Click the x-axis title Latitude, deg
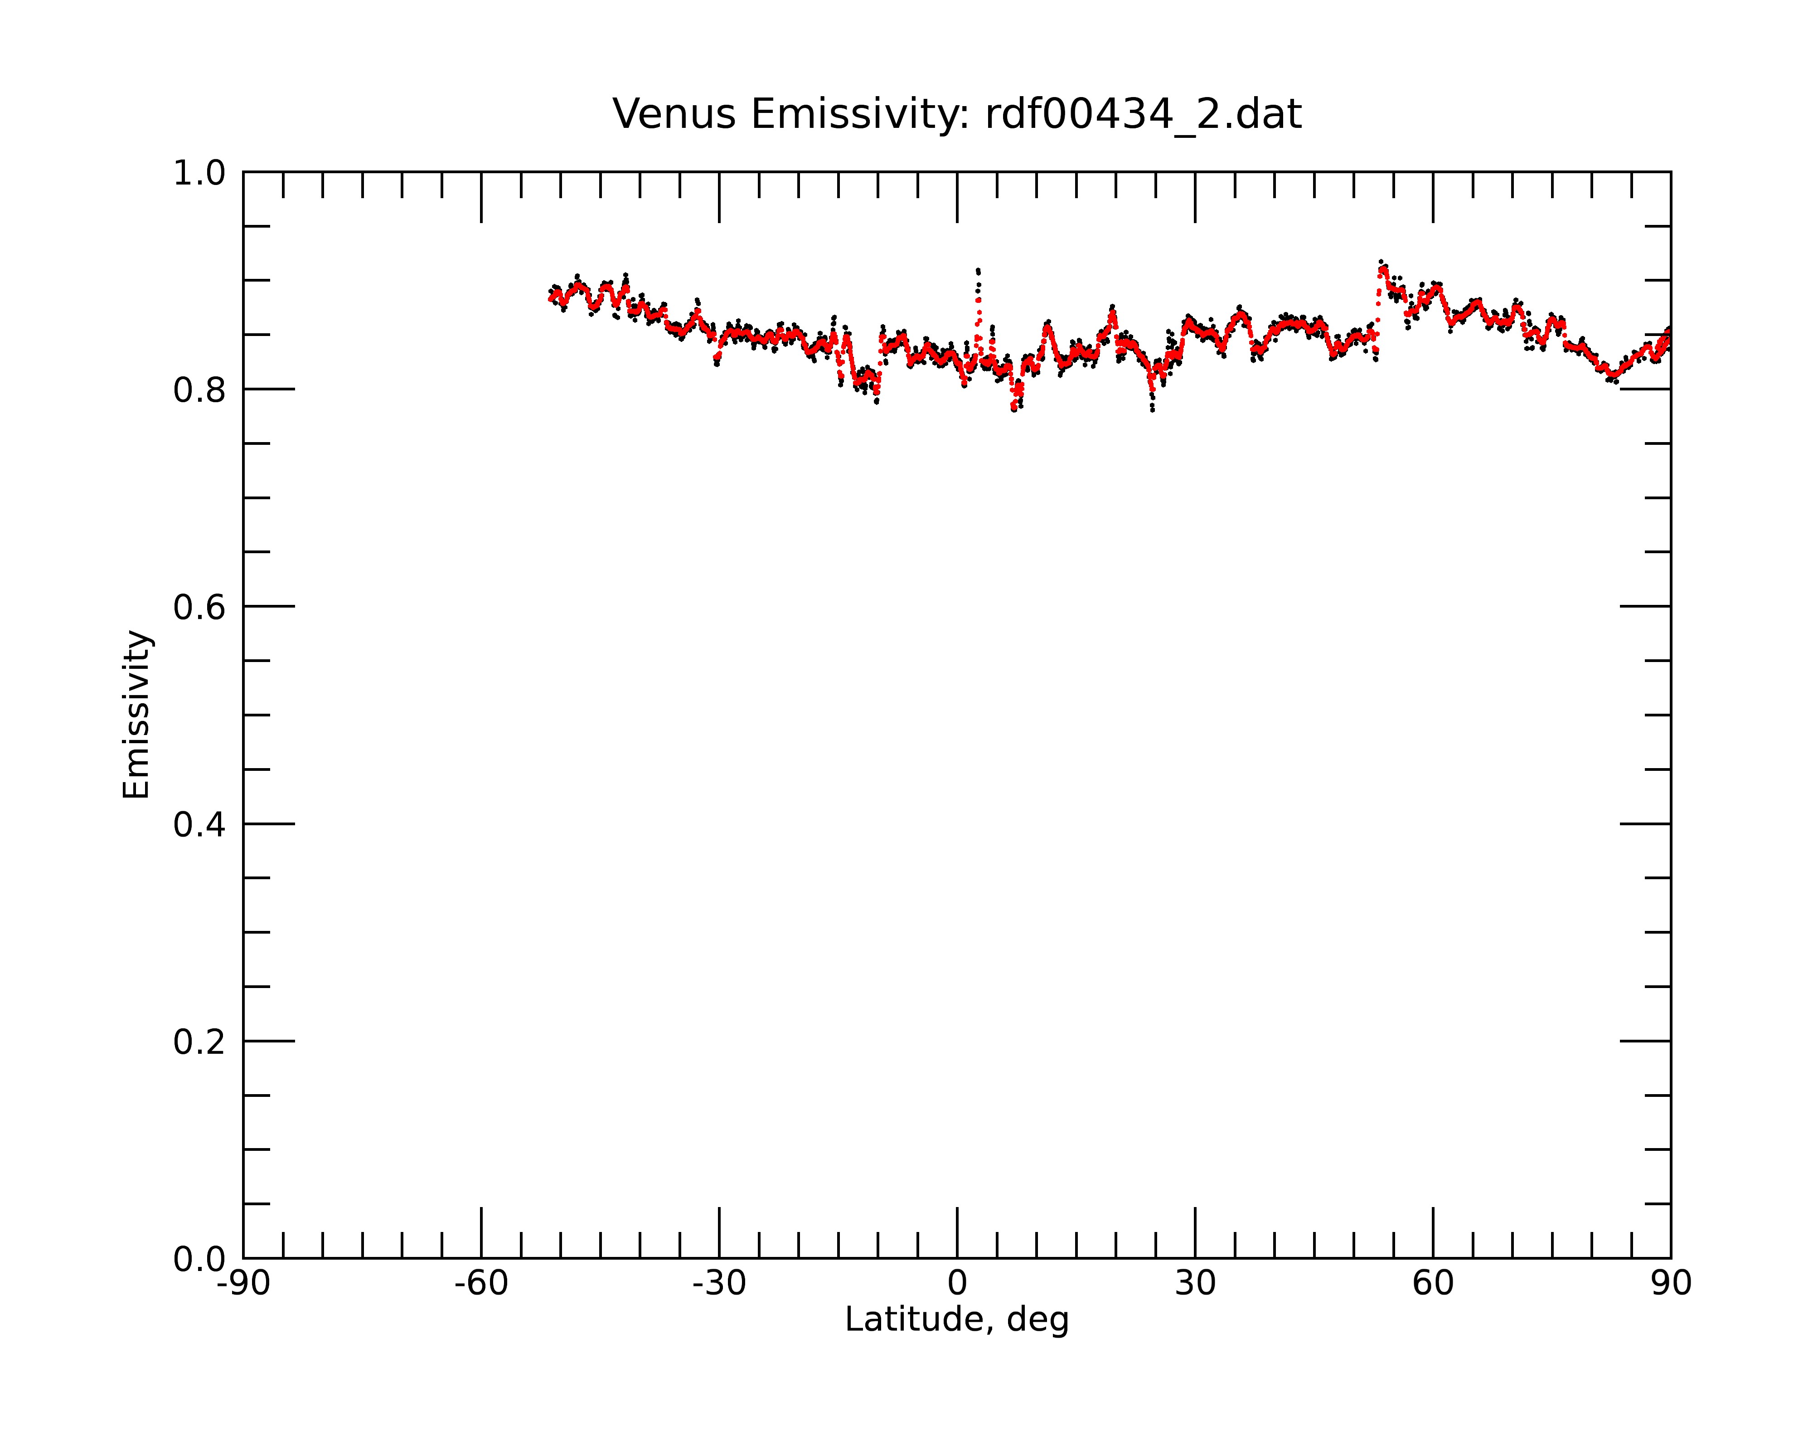tap(957, 1320)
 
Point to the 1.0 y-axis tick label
tap(199, 173)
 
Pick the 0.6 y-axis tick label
tap(199, 607)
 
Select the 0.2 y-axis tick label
tap(199, 1042)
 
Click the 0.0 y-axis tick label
tap(199, 1259)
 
